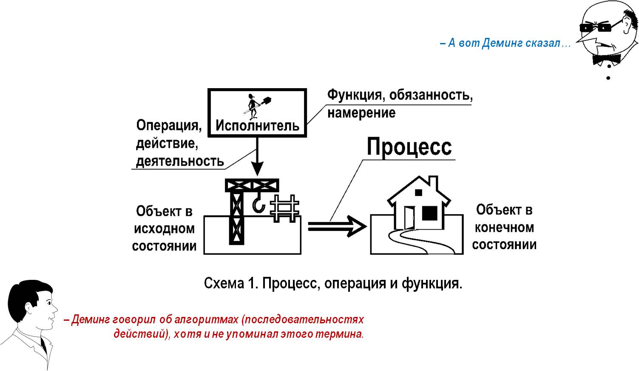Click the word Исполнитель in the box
(x=257, y=126)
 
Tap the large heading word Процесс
(x=409, y=147)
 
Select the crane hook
(x=259, y=203)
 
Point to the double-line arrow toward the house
(x=337, y=226)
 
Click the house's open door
(x=409, y=218)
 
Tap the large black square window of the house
(x=429, y=213)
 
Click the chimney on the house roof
(x=433, y=183)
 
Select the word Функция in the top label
(x=354, y=95)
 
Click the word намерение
(x=361, y=113)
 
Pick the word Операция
(x=169, y=126)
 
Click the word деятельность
(x=180, y=161)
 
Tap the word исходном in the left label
(x=164, y=229)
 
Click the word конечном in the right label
(x=504, y=228)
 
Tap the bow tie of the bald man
(x=607, y=59)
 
